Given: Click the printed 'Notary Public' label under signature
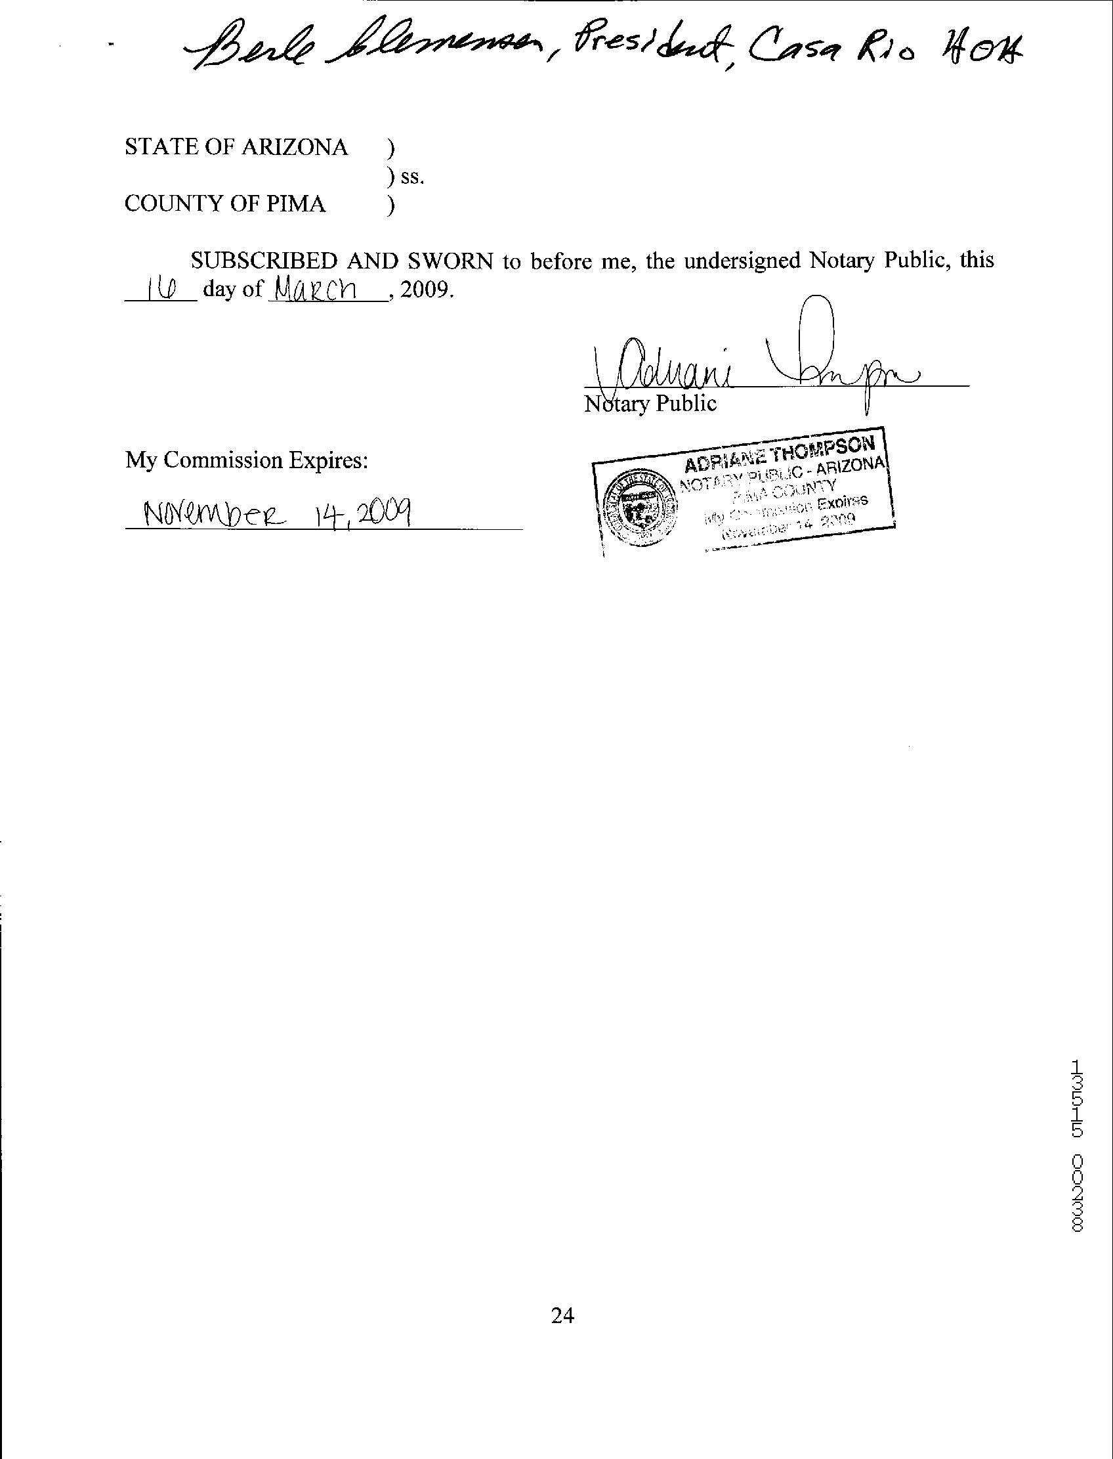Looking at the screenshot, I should [x=650, y=403].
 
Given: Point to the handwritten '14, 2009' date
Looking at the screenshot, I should [x=362, y=510].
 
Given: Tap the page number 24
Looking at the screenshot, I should [x=562, y=1315].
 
